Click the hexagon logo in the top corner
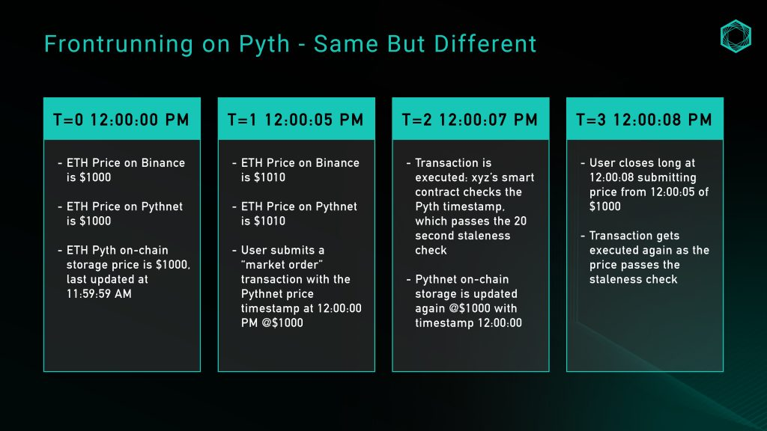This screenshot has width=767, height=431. [736, 36]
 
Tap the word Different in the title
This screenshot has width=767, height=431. [485, 43]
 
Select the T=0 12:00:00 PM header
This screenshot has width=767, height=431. [121, 120]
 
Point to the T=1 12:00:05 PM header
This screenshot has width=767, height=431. [296, 120]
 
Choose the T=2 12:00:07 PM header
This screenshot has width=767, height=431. [470, 120]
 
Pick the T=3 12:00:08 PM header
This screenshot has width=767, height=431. [644, 120]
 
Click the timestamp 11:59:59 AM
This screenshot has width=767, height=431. [100, 293]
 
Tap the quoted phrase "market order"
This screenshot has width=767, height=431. [282, 265]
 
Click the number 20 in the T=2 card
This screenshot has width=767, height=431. [520, 221]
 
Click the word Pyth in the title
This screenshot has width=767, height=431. [264, 44]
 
